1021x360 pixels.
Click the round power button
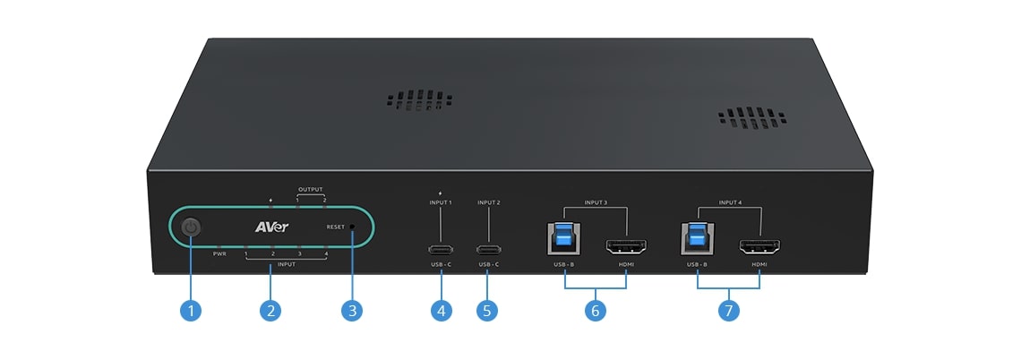(190, 228)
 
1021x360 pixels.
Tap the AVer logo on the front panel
(270, 227)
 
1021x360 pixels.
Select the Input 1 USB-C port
(440, 249)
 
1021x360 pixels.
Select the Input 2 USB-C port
(488, 249)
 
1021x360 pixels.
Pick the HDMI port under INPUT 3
(626, 246)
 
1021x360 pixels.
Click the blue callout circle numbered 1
(190, 311)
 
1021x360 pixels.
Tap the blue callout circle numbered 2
(270, 311)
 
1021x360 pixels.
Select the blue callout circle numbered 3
(352, 311)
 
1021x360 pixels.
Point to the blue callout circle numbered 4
(440, 311)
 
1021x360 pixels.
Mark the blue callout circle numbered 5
(488, 311)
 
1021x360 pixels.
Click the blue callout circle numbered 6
(595, 311)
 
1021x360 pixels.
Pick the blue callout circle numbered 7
(729, 311)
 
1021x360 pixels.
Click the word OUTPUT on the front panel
(311, 190)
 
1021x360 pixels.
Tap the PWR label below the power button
(219, 255)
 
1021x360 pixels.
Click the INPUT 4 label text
(730, 202)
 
